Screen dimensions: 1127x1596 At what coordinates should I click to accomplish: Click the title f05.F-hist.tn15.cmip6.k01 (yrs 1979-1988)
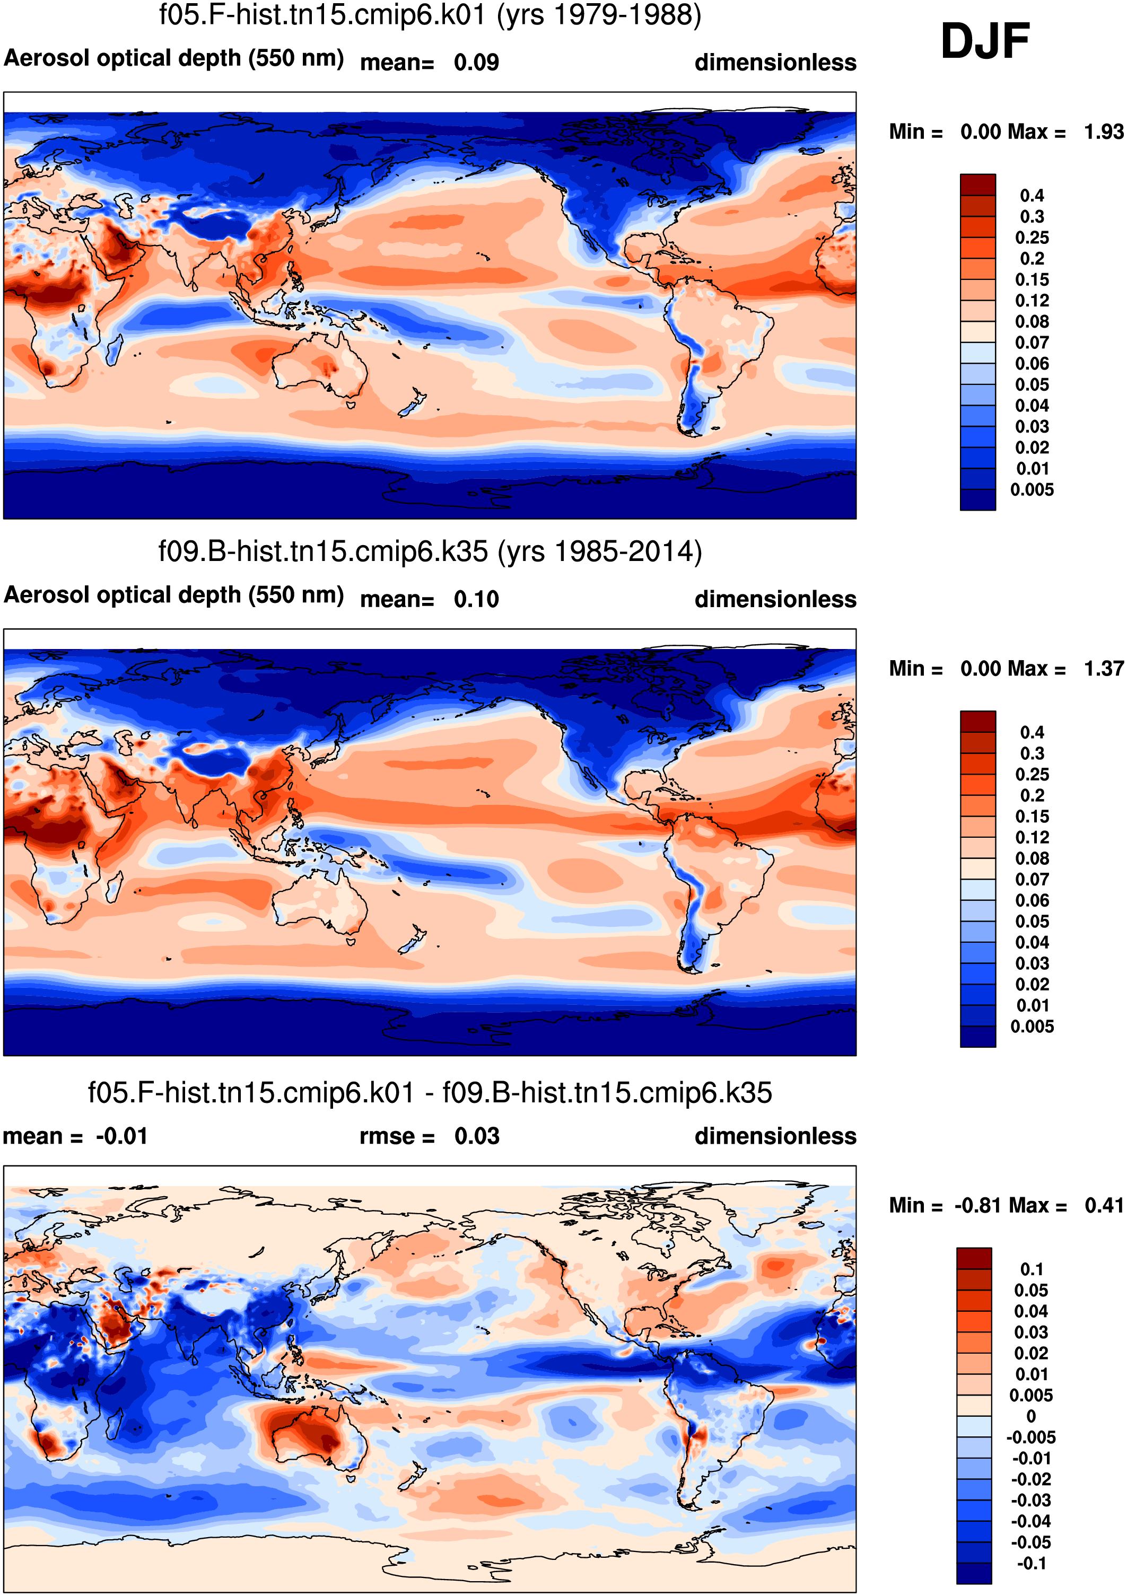click(x=430, y=15)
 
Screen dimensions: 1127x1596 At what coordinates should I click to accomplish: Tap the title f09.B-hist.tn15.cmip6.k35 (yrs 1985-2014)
click(x=430, y=551)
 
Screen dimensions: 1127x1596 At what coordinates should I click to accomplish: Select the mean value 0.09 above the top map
click(x=476, y=63)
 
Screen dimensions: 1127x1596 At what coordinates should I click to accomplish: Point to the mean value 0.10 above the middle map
click(x=476, y=599)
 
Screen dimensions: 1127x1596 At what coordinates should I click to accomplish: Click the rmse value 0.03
click(x=477, y=1136)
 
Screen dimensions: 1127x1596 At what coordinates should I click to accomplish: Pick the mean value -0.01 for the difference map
click(x=121, y=1136)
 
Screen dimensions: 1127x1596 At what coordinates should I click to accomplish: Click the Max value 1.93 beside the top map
click(x=1103, y=131)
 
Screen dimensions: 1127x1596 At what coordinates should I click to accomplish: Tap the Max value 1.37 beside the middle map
click(x=1103, y=668)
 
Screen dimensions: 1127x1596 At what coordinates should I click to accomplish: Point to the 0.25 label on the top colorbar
click(x=1032, y=238)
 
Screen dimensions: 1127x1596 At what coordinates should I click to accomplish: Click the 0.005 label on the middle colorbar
click(x=1032, y=1026)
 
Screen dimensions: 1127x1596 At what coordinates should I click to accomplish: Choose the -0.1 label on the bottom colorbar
click(x=1032, y=1563)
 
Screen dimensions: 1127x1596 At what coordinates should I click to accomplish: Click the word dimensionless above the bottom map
click(x=775, y=1136)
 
